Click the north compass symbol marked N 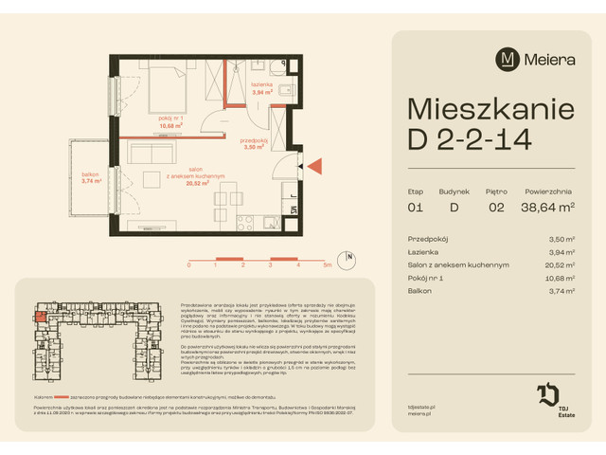(x=350, y=257)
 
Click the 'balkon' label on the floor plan (x=91, y=176)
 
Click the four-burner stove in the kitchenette (x=243, y=222)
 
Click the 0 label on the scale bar (x=188, y=266)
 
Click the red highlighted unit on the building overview (x=41, y=319)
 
